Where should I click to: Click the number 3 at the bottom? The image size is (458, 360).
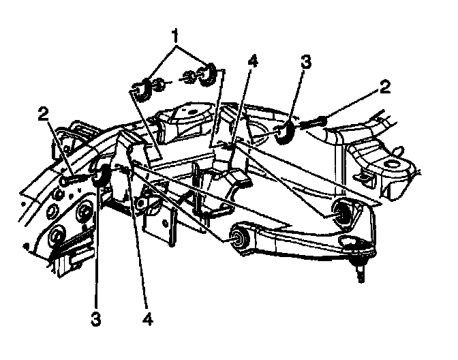97,318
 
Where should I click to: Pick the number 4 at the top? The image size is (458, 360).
252,61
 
